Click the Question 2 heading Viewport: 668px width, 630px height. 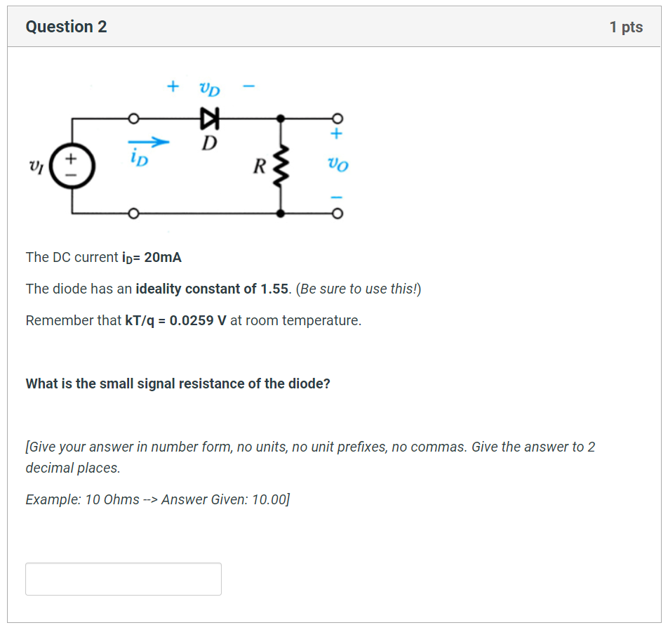(66, 27)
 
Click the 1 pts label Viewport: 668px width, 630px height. (626, 27)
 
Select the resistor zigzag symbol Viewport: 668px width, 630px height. (281, 166)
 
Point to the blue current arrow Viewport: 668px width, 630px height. (149, 143)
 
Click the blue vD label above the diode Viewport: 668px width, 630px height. (209, 88)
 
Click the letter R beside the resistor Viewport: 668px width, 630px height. (259, 167)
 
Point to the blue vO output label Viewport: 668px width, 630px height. (338, 166)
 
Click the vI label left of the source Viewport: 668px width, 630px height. (35, 167)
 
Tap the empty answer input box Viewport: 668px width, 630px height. (123, 579)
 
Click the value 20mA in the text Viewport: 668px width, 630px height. (163, 257)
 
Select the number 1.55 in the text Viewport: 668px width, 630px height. (274, 289)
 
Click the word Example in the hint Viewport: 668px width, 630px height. (51, 499)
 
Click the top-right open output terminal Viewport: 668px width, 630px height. (338, 117)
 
